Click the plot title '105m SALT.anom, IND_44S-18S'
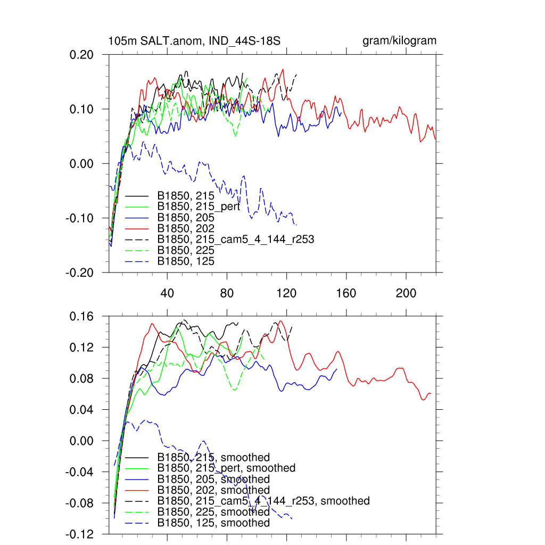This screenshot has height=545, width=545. pyautogui.click(x=194, y=41)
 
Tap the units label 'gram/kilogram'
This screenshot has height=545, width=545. pyautogui.click(x=400, y=41)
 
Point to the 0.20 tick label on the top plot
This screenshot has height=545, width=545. pyautogui.click(x=82, y=55)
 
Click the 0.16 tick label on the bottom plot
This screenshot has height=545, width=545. pyautogui.click(x=82, y=316)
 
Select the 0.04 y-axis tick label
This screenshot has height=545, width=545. pyautogui.click(x=82, y=410)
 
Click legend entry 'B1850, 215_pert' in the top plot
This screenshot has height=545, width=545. pyautogui.click(x=198, y=207)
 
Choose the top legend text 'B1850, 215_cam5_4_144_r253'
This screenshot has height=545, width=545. pyautogui.click(x=235, y=240)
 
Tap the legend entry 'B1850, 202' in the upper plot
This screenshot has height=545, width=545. pyautogui.click(x=186, y=228)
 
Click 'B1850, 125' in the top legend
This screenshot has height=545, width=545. pyautogui.click(x=186, y=261)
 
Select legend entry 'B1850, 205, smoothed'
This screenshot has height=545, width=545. pyautogui.click(x=213, y=479)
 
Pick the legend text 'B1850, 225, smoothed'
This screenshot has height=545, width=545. pyautogui.click(x=213, y=512)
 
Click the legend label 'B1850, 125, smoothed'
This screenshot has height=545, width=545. pyautogui.click(x=213, y=523)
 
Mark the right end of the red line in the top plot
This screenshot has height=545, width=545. pyautogui.click(x=435, y=139)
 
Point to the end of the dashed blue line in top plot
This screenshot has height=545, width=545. pyautogui.click(x=296, y=225)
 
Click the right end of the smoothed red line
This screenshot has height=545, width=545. pyautogui.click(x=431, y=394)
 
